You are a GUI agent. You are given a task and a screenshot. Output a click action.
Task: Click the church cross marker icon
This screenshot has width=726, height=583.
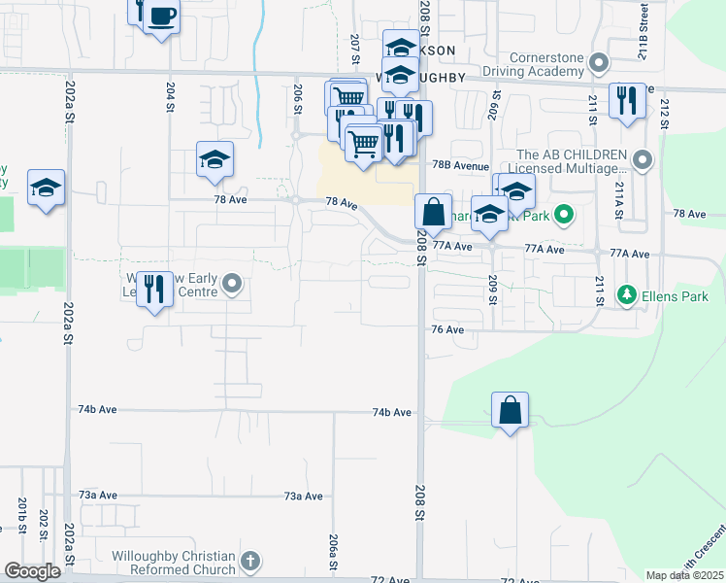[x=250, y=562]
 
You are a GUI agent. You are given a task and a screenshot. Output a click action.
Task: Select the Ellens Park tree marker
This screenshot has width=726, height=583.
[x=628, y=293]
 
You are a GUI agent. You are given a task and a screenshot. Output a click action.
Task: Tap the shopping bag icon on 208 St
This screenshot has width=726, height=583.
[x=433, y=210]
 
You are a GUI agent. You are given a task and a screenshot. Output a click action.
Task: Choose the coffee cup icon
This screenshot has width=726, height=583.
[x=161, y=17]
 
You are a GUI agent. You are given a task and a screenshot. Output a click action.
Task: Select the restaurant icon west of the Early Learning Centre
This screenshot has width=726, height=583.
[x=154, y=291]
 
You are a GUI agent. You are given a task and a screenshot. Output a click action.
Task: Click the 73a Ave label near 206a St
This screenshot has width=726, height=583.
[x=303, y=496]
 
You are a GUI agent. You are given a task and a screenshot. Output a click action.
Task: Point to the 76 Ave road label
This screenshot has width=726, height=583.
[x=447, y=329]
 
